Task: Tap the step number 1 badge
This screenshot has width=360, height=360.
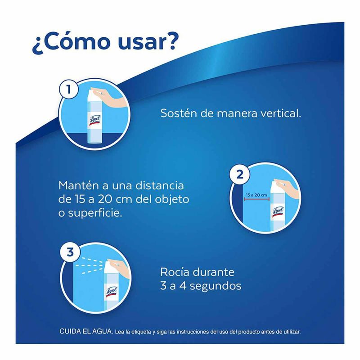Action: (68, 89)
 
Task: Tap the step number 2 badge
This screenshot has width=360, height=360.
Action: (239, 175)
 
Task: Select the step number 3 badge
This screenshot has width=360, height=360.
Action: (70, 252)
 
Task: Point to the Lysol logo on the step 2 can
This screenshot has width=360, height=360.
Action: (278, 211)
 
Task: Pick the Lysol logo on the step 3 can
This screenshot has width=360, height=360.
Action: (111, 292)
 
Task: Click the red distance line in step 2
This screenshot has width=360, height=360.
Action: (256, 199)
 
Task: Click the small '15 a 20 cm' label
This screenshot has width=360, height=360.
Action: (256, 195)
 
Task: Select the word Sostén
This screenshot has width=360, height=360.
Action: (178, 113)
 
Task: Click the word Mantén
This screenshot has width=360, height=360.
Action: (79, 185)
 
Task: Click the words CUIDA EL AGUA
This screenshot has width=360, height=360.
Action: (86, 331)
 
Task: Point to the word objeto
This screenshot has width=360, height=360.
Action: (172, 199)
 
